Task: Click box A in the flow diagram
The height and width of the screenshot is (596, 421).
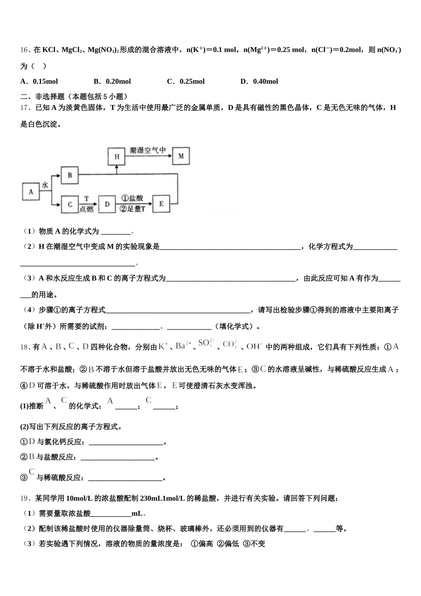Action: pyautogui.click(x=31, y=192)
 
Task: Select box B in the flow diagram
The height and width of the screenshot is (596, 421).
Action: pyautogui.click(x=70, y=175)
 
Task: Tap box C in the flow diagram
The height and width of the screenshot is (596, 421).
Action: pyautogui.click(x=70, y=204)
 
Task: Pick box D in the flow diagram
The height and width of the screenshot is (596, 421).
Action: pyautogui.click(x=107, y=204)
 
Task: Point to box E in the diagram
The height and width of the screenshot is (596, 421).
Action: pyautogui.click(x=161, y=204)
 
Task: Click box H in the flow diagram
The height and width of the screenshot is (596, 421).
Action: pyautogui.click(x=117, y=157)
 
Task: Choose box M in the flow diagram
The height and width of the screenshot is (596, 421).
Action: pyautogui.click(x=181, y=156)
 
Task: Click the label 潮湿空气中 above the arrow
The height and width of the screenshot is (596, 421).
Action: pyautogui.click(x=148, y=150)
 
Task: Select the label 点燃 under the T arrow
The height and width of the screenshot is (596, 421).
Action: pyautogui.click(x=86, y=209)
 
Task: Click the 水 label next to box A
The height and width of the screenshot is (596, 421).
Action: pyautogui.click(x=45, y=185)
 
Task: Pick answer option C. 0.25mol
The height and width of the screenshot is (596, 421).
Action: pyautogui.click(x=186, y=81)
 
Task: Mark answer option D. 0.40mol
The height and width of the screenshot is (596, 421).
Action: pyautogui.click(x=259, y=81)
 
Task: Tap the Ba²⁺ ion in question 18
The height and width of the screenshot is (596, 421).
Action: pyautogui.click(x=183, y=346)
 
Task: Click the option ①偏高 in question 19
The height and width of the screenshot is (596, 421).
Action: pyautogui.click(x=202, y=543)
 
